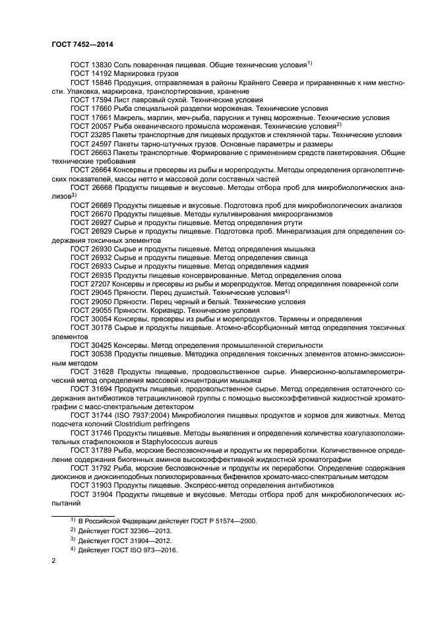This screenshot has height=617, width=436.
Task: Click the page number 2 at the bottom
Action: tap(53, 560)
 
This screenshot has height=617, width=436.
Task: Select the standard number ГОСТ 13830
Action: tap(91, 65)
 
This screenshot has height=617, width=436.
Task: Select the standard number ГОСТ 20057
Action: tap(91, 125)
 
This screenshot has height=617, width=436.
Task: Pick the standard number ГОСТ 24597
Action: tap(91, 143)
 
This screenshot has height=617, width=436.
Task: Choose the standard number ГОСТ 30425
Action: tap(91, 344)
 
